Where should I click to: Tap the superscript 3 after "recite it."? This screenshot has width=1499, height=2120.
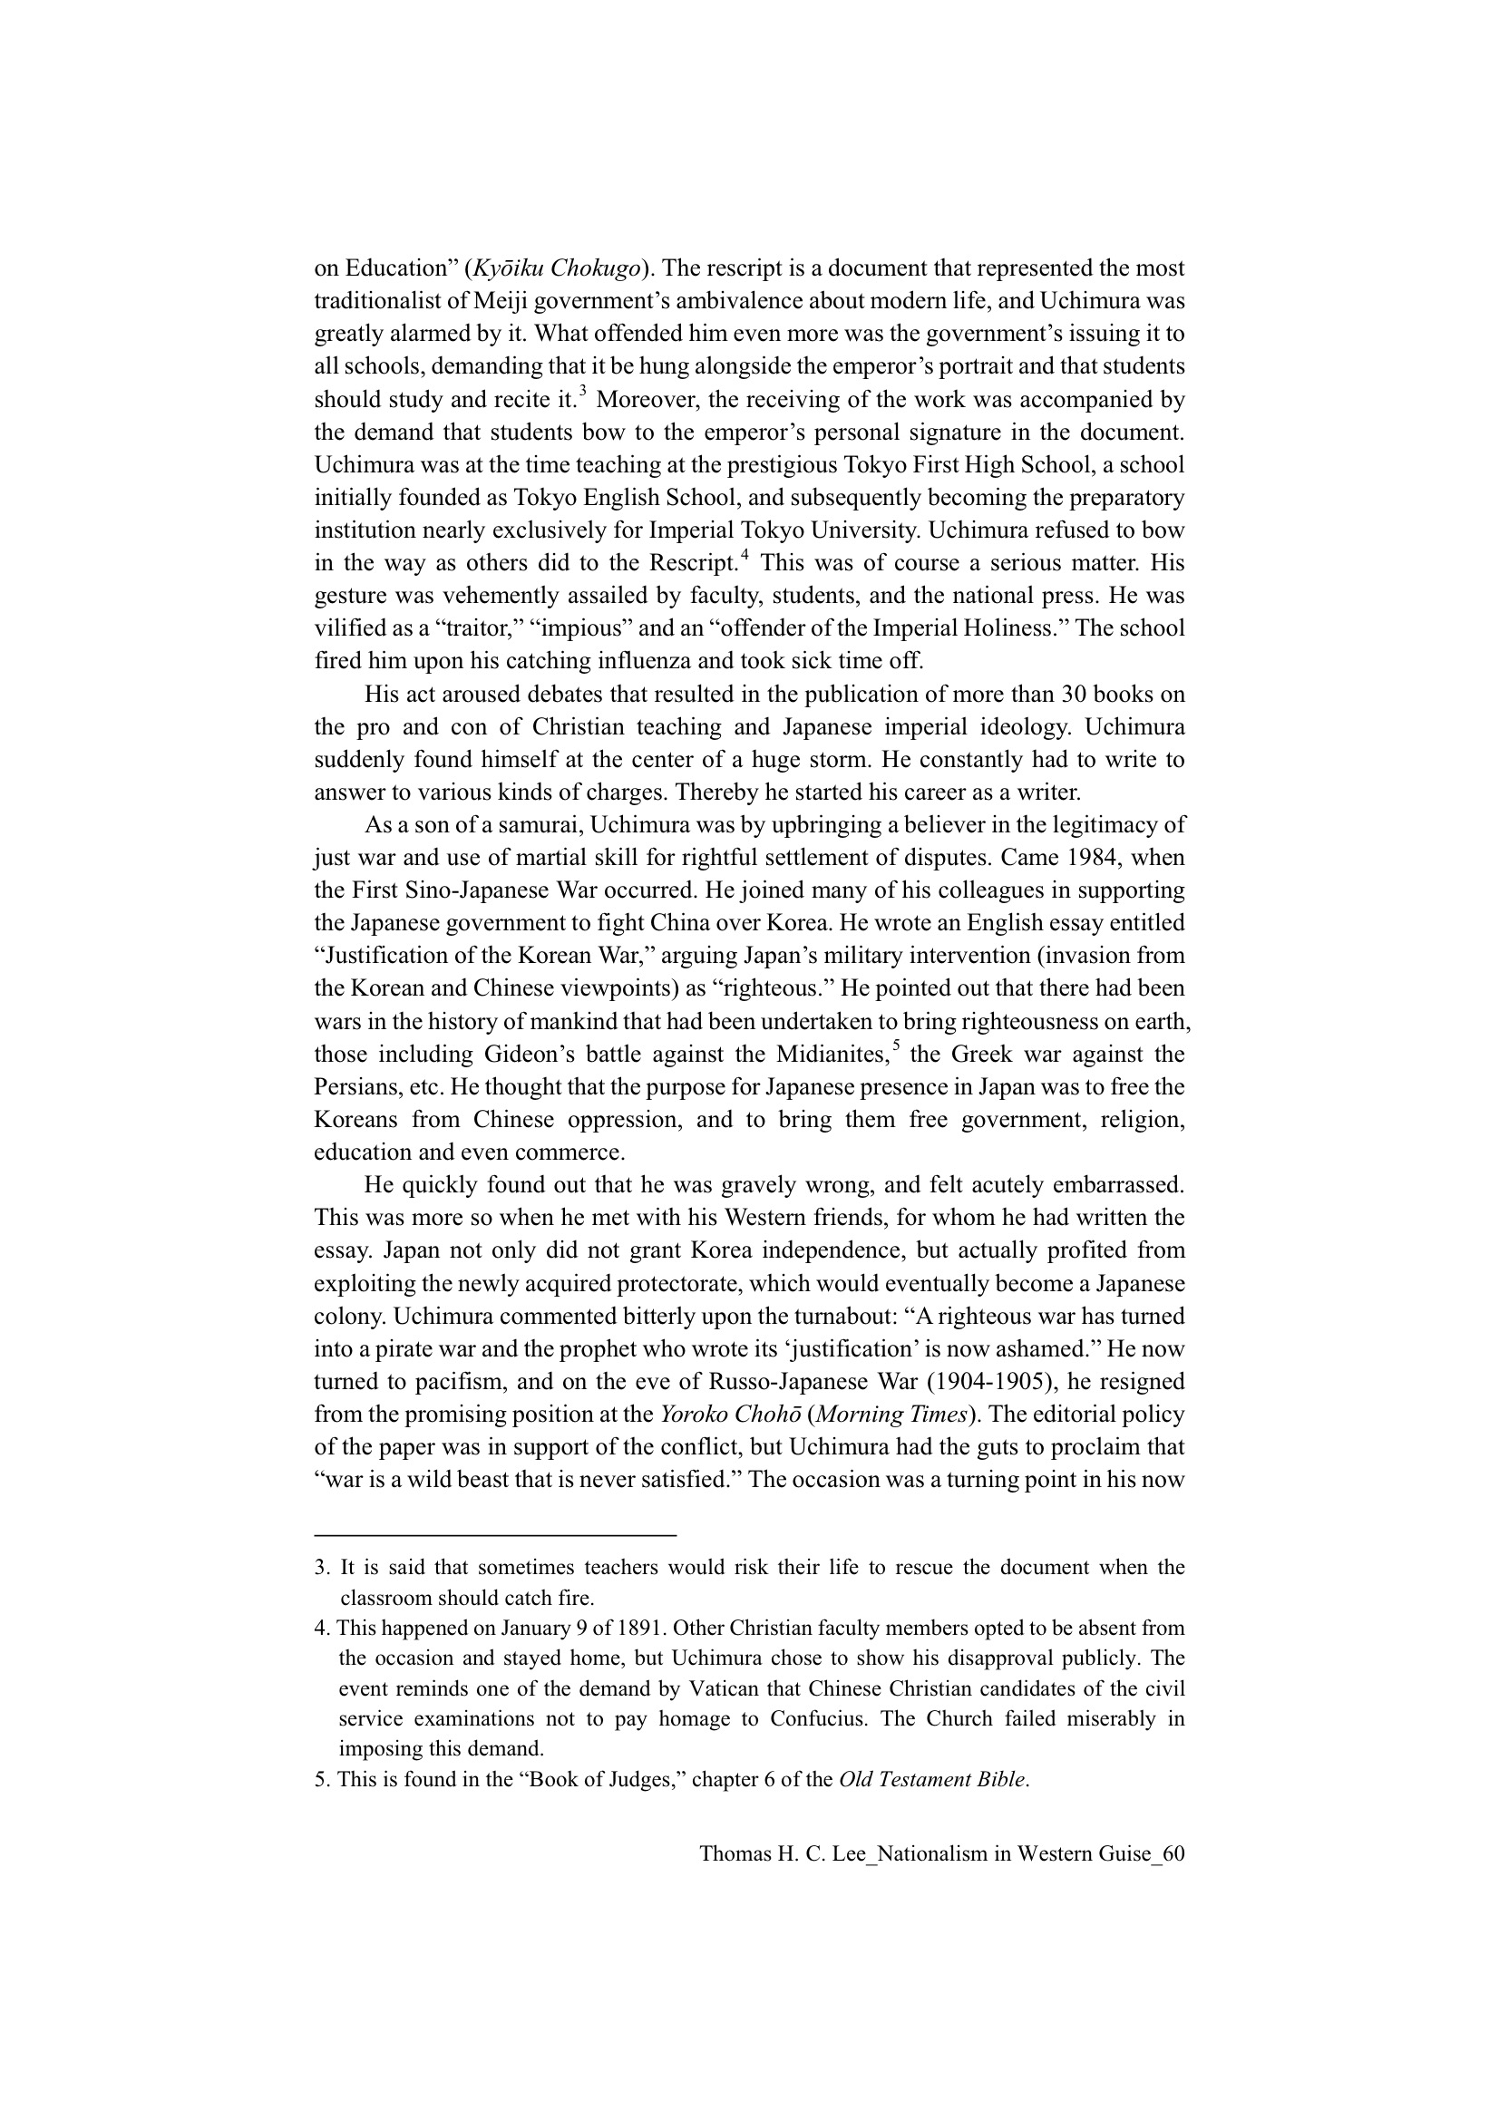coord(583,391)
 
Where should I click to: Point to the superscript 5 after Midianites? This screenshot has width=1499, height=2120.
coord(895,1045)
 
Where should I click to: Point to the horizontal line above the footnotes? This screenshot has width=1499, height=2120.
coord(495,1535)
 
